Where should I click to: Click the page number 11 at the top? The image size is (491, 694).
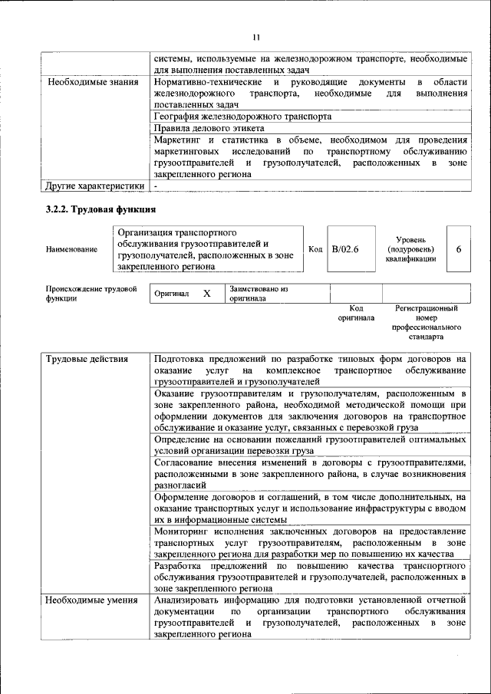(x=257, y=37)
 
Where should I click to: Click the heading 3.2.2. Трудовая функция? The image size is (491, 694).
(x=101, y=209)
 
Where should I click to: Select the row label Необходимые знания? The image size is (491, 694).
(x=92, y=81)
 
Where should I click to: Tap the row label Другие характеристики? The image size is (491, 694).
(x=94, y=186)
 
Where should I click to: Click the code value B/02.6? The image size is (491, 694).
(x=345, y=248)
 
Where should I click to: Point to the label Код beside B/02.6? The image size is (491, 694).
(x=315, y=248)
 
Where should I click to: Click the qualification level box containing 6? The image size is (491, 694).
(x=458, y=248)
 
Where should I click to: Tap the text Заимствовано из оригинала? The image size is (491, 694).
(x=257, y=294)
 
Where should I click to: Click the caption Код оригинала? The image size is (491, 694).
(x=355, y=312)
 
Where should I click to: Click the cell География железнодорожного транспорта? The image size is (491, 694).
(x=242, y=117)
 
